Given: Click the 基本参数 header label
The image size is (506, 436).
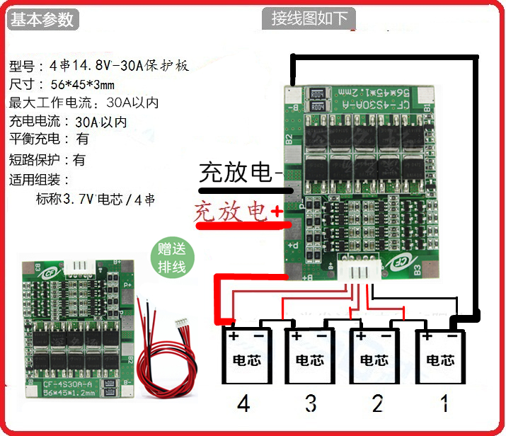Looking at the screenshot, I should click(42, 19).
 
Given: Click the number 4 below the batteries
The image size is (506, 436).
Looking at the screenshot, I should click(243, 405).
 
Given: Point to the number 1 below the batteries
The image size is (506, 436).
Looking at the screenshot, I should click(444, 405).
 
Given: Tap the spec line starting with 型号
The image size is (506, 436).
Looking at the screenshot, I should click(99, 67).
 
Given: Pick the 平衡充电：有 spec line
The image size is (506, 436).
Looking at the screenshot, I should click(49, 139).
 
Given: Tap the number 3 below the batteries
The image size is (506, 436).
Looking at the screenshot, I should click(311, 405).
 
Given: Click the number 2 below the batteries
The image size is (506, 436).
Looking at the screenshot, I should click(377, 405).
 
